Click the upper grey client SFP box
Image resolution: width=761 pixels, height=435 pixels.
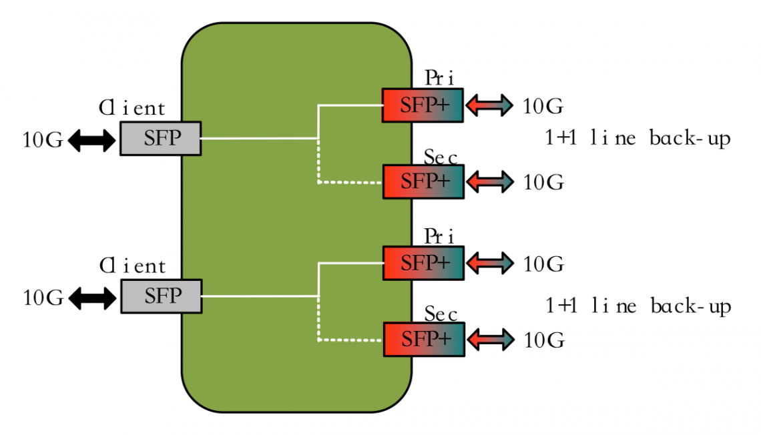point(160,139)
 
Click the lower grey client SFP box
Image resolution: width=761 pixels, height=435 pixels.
point(160,296)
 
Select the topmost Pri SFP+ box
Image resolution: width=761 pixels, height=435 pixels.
point(422,105)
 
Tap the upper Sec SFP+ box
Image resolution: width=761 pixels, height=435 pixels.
point(422,181)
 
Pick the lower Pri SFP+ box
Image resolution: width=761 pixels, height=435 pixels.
point(423,263)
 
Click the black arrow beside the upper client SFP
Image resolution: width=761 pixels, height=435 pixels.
point(92,140)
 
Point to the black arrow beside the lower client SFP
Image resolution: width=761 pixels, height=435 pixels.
point(92,298)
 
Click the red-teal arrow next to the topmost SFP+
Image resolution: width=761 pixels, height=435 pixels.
point(489,105)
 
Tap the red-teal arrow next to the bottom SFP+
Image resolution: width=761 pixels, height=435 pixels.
point(490,340)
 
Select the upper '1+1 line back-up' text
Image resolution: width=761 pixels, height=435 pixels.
point(638,139)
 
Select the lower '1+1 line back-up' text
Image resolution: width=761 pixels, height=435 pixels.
point(638,306)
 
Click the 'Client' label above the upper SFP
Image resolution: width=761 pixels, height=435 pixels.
point(132,109)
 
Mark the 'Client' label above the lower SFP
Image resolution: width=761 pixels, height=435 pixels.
point(132,266)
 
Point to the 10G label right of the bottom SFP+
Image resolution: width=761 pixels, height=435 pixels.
point(543,340)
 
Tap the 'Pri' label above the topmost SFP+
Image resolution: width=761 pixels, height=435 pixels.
point(439,78)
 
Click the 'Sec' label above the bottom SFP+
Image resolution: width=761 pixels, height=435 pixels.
point(441,313)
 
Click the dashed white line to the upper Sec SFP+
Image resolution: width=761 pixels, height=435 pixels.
point(347,182)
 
